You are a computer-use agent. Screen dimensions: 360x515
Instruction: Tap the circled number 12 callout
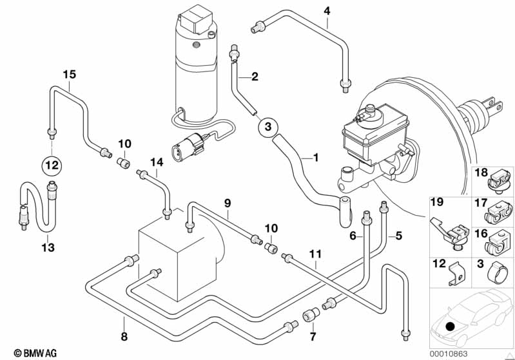tap(52, 165)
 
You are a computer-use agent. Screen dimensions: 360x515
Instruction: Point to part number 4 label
tap(327, 10)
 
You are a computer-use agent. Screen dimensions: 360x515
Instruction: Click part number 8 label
tap(124, 336)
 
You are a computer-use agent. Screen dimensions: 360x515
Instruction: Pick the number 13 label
tap(48, 247)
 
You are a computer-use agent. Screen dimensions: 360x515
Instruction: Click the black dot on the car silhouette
tap(449, 327)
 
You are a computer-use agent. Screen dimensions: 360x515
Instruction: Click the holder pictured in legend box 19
tap(454, 229)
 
